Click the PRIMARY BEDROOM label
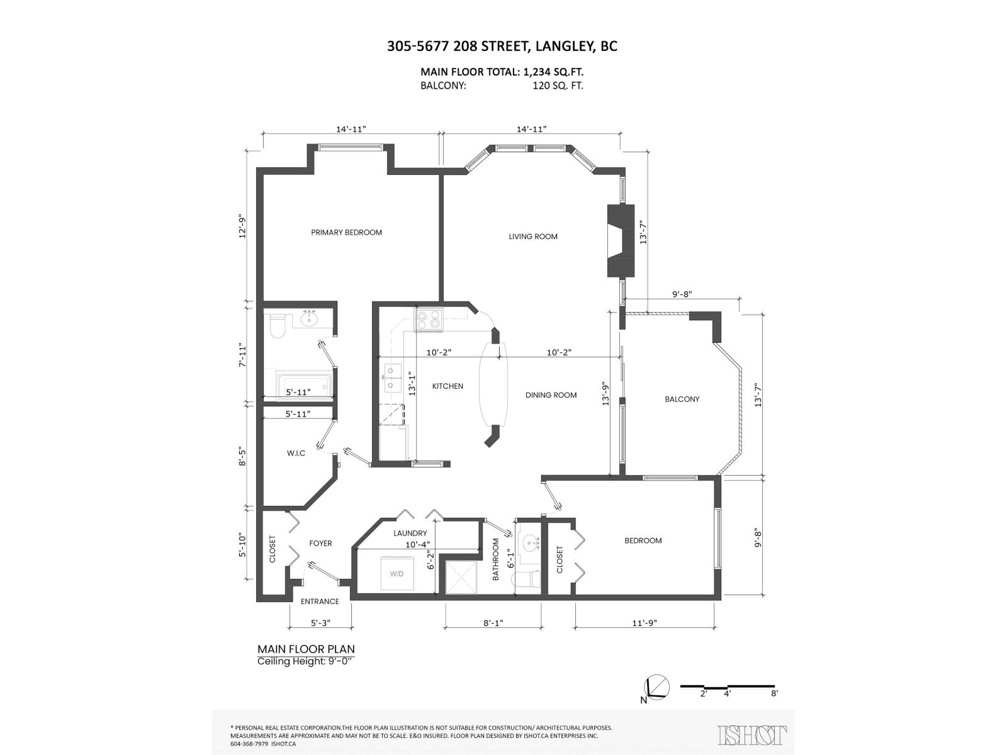point(346,232)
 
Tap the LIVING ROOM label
point(533,237)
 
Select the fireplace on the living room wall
point(619,240)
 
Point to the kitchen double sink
point(390,378)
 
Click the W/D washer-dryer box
point(396,573)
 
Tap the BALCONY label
point(682,399)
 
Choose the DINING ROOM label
point(551,395)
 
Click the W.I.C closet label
point(296,453)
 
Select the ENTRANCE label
point(320,601)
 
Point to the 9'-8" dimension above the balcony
point(682,294)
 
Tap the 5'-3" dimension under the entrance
point(320,623)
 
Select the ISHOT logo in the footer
point(752,734)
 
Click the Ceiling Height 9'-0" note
point(306,661)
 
